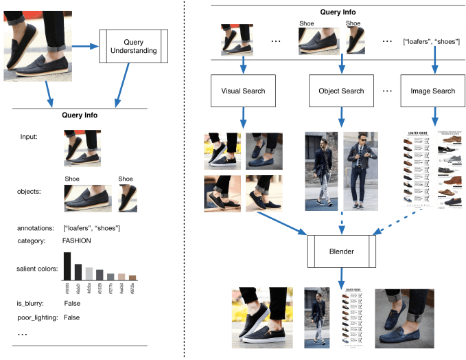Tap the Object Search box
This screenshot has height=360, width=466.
[342, 91]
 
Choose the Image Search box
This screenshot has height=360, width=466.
[432, 91]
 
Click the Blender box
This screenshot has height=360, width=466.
[341, 251]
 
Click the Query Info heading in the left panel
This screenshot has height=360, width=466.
[80, 115]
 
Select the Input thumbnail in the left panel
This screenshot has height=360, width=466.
[82, 147]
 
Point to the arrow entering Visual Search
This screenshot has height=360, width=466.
[244, 67]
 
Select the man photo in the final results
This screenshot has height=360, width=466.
[317, 315]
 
